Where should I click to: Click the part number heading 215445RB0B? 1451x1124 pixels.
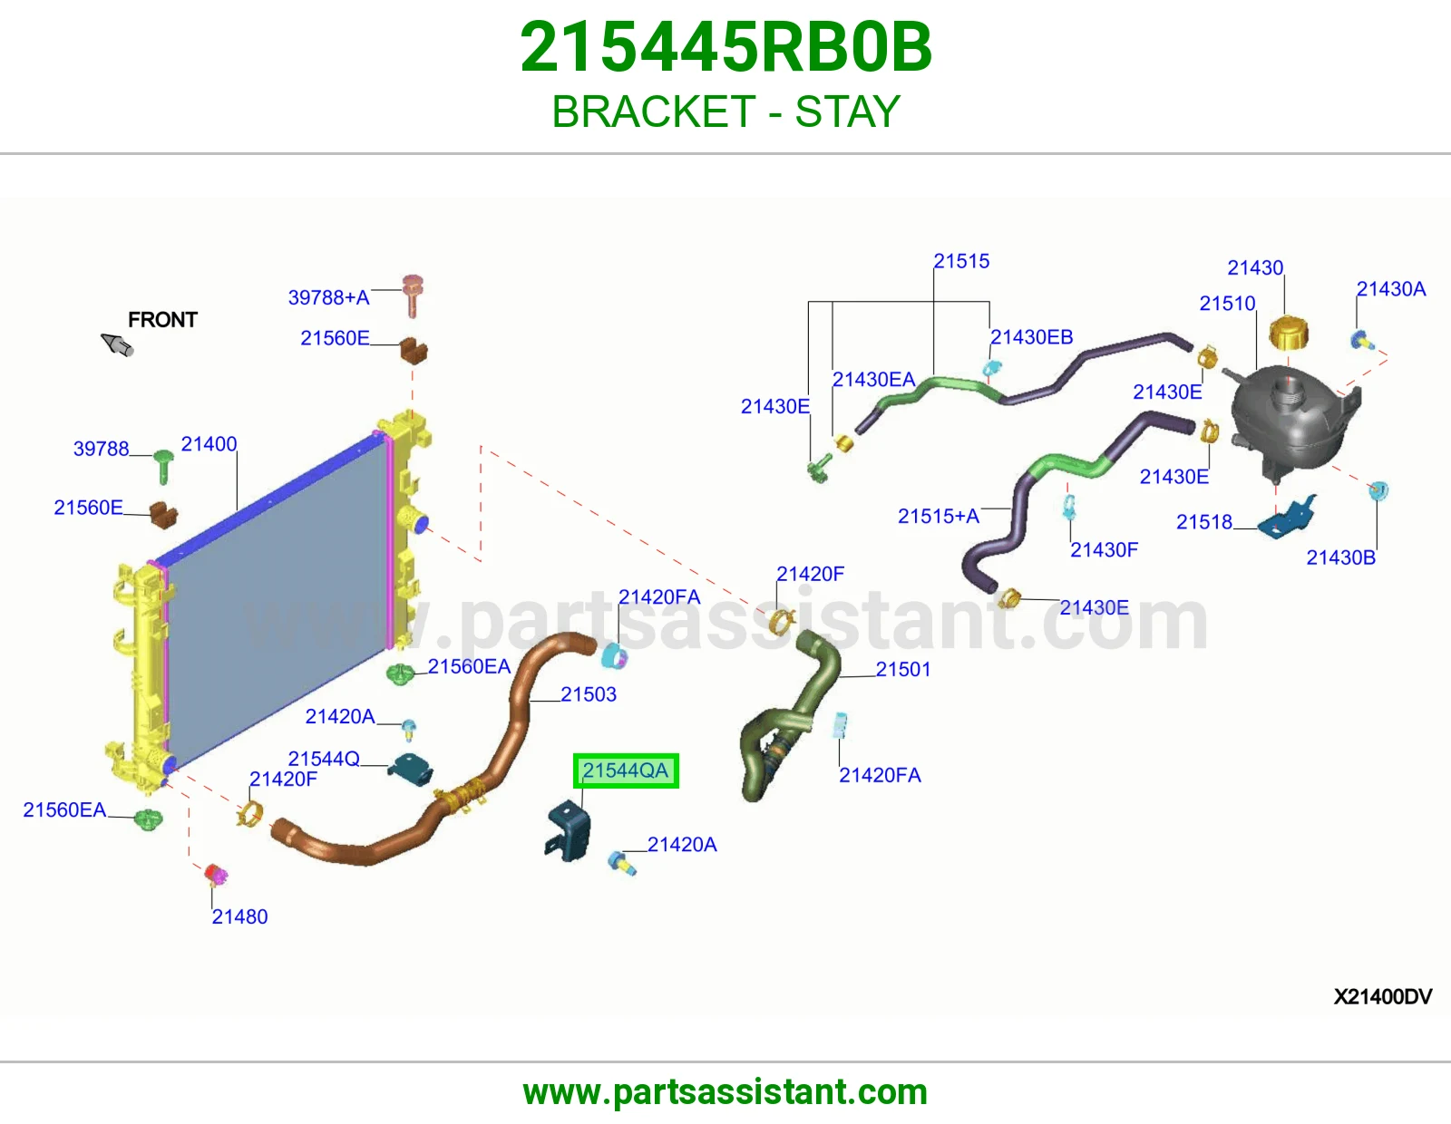click(725, 47)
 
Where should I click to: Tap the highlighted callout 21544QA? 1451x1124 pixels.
click(626, 770)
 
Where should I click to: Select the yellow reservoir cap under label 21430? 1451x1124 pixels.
click(1288, 334)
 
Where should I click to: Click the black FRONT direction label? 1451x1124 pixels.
click(162, 320)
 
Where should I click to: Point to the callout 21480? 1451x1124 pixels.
click(239, 916)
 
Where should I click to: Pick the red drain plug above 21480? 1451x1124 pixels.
click(216, 874)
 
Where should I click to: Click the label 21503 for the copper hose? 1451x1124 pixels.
click(589, 694)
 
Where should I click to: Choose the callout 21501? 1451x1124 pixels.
click(902, 669)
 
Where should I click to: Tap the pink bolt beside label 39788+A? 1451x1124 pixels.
click(413, 295)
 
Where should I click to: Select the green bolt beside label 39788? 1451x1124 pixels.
click(163, 465)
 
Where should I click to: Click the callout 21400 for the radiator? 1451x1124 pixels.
click(209, 444)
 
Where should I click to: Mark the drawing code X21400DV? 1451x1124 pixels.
click(1383, 996)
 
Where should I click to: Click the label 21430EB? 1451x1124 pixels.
click(1031, 337)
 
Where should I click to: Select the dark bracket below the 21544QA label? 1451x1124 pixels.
click(569, 829)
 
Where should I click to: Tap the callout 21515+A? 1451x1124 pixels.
click(939, 516)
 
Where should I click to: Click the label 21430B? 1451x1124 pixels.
click(1341, 557)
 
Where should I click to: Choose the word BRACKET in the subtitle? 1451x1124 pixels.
click(654, 111)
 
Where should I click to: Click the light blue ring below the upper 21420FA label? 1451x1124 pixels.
click(614, 656)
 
